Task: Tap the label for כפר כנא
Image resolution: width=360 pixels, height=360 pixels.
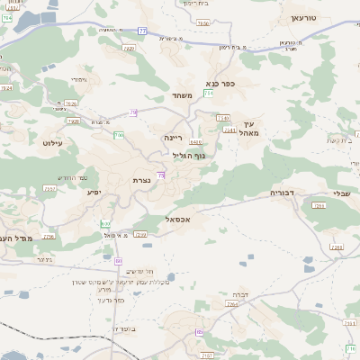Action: (x=220, y=84)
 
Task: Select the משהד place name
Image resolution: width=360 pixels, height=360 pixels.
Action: (x=183, y=95)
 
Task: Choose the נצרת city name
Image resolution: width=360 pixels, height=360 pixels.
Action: (x=142, y=180)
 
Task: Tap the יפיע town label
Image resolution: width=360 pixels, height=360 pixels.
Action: (x=94, y=192)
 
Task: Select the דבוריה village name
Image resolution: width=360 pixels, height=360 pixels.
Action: (x=283, y=193)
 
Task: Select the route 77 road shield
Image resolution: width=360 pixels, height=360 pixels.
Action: (x=143, y=31)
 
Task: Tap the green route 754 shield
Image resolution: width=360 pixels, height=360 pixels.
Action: (x=209, y=93)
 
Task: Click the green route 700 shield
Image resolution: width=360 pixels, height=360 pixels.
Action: (x=119, y=135)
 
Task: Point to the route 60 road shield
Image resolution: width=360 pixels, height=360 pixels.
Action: (x=118, y=261)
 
